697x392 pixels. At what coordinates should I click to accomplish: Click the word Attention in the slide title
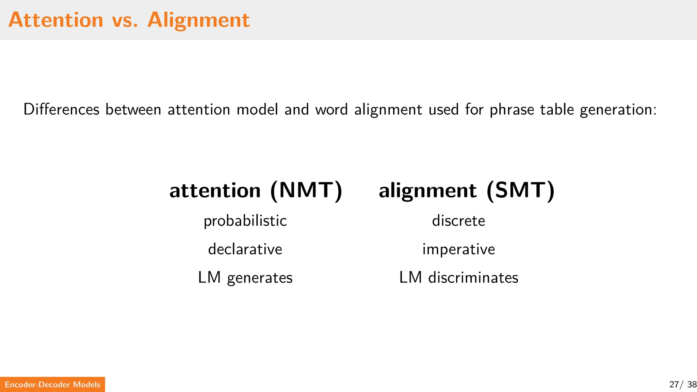tap(56, 20)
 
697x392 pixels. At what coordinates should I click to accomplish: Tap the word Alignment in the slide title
tap(198, 20)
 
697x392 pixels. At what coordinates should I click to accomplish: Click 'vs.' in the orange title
tap(125, 20)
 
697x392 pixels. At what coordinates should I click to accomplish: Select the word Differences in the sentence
tap(61, 110)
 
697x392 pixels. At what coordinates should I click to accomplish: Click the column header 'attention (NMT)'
tap(256, 190)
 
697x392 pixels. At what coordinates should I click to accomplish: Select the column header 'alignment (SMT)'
tap(467, 190)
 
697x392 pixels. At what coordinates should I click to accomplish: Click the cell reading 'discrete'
tap(458, 221)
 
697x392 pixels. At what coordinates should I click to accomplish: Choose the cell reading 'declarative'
tap(245, 249)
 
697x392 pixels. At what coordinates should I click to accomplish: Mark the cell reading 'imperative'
tap(458, 249)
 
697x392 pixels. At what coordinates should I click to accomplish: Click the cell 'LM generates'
tap(245, 278)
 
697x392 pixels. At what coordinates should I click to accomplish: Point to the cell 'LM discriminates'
tap(458, 277)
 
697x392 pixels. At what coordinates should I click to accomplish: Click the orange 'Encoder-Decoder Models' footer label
tap(52, 385)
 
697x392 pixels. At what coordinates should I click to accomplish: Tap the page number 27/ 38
tap(682, 385)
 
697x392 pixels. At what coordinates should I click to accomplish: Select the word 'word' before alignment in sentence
tap(331, 110)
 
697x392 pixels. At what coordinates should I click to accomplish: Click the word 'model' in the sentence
tap(257, 110)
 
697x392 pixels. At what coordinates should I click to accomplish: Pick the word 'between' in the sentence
tap(133, 110)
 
